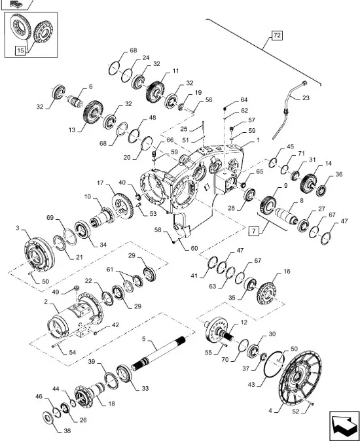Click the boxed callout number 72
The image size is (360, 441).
(277, 35)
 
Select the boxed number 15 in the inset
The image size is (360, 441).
(20, 50)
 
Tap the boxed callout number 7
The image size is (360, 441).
(254, 231)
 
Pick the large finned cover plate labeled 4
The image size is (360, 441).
(300, 376)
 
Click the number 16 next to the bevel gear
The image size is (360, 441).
(287, 272)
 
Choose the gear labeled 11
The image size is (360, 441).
(155, 92)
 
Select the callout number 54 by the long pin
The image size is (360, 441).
(73, 352)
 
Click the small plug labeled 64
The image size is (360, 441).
(225, 109)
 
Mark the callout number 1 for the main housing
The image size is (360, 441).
(258, 140)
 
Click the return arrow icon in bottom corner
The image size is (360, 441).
(344, 425)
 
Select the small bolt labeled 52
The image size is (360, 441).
(312, 404)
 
